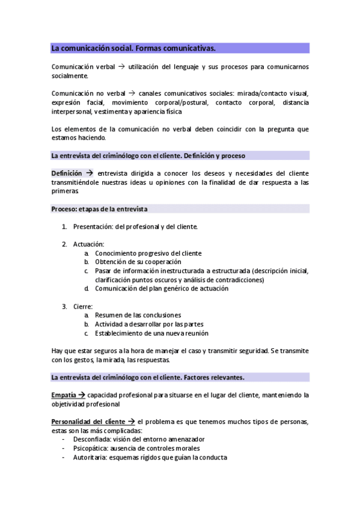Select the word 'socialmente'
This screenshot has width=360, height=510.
70,76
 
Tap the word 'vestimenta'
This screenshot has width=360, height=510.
107,111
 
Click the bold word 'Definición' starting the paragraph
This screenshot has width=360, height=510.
67,173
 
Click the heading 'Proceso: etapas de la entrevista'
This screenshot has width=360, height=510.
99,209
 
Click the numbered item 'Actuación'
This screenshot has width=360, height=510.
88,244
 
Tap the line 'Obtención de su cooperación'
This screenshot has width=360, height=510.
139,262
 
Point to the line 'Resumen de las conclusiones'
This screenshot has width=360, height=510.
138,315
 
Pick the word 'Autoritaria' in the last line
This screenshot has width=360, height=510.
89,457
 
